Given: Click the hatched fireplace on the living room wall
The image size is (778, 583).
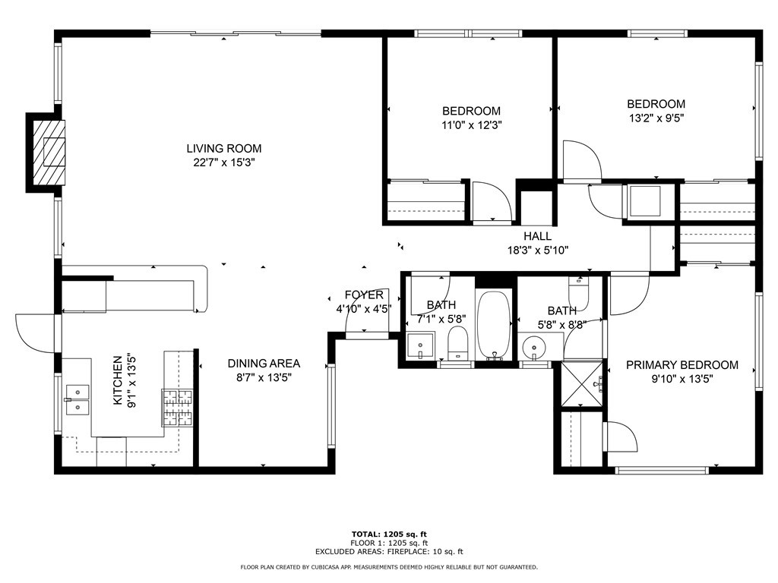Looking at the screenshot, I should [48, 152].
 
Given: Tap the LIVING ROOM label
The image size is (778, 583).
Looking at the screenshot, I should [224, 149].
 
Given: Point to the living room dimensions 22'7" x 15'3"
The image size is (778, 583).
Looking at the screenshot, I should [224, 162].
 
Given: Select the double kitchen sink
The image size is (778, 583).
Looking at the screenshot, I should [77, 399].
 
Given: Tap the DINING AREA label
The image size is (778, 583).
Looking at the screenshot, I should [264, 364].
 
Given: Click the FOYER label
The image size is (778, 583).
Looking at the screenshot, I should [364, 295].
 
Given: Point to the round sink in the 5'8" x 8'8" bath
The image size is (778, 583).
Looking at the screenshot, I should [536, 348].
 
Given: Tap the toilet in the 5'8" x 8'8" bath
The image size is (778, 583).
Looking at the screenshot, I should [579, 289].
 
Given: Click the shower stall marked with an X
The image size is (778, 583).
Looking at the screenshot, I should [583, 384].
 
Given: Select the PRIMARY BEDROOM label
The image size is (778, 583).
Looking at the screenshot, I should [682, 365].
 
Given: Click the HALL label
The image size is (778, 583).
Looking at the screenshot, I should [537, 236].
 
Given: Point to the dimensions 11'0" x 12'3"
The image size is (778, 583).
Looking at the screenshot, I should [473, 124].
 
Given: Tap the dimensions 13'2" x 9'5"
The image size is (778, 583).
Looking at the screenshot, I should [656, 118].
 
